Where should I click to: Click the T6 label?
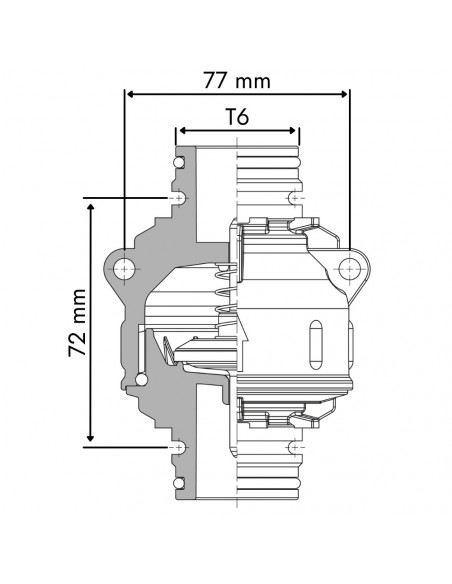pyautogui.click(x=237, y=117)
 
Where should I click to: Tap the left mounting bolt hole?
pyautogui.click(x=123, y=269)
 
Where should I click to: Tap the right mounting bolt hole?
pyautogui.click(x=349, y=269)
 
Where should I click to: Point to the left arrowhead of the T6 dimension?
pyautogui.click(x=181, y=131)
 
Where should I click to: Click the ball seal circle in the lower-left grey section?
pyautogui.click(x=139, y=378)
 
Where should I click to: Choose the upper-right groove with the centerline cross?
pyautogui.click(x=295, y=199)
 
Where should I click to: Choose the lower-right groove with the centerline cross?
pyautogui.click(x=295, y=445)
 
